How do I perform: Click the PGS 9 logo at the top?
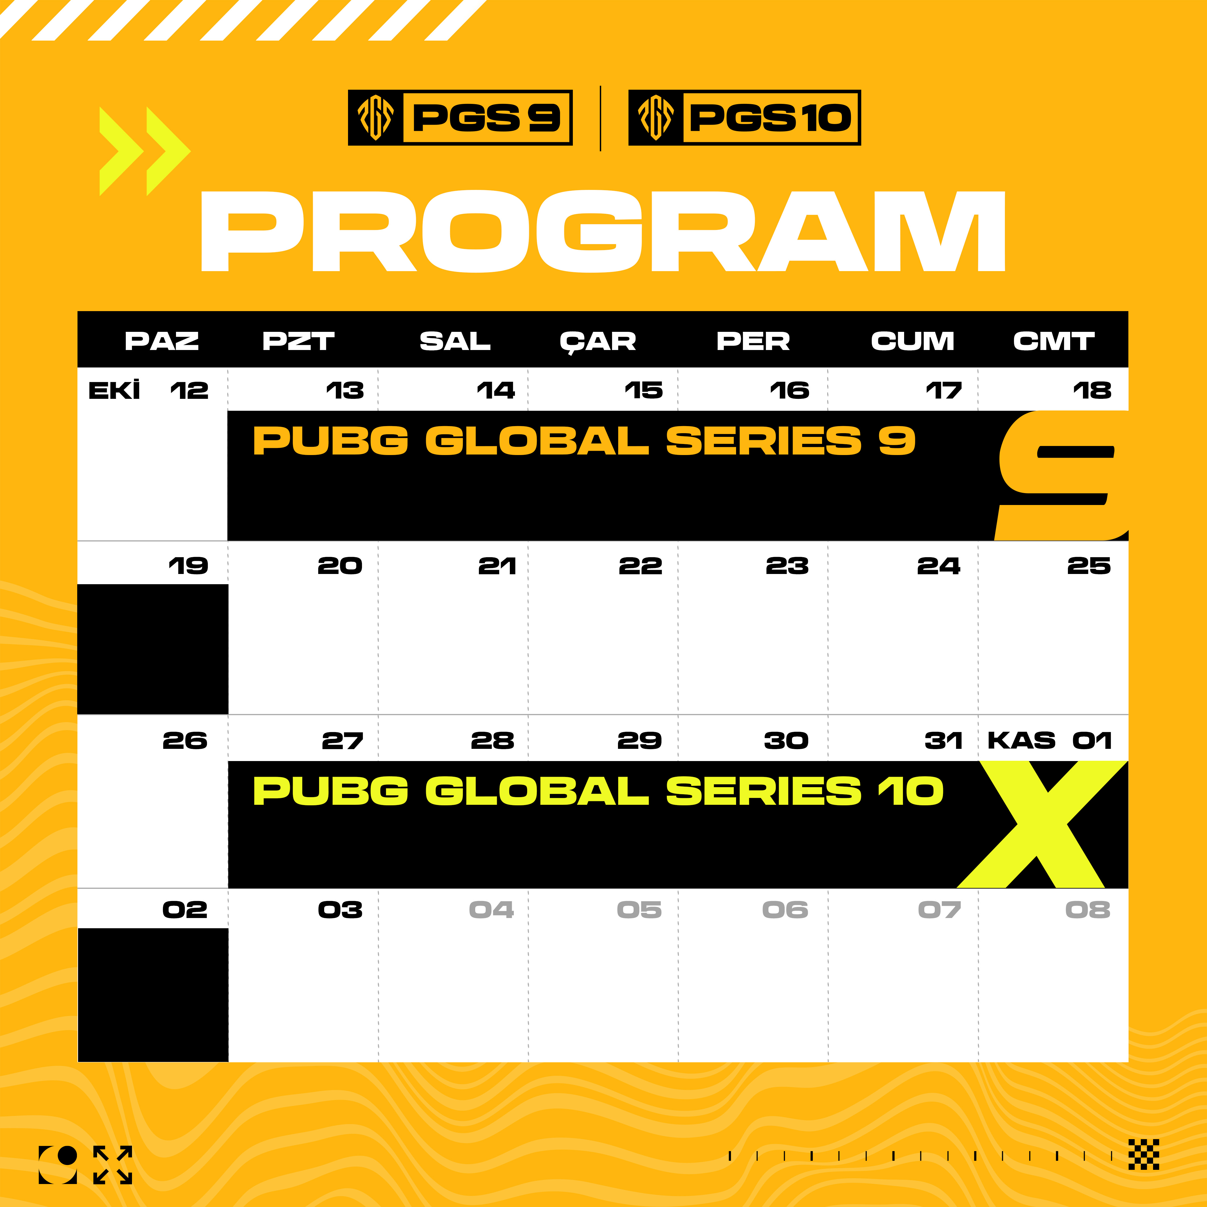point(460,118)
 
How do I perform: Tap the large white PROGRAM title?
point(603,231)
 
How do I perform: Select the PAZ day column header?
point(162,341)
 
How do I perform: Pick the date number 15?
point(644,391)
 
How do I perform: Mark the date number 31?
point(943,741)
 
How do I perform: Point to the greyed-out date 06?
point(785,910)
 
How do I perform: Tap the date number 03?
point(340,910)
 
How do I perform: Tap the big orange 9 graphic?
point(1062,475)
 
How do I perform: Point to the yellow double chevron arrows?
point(145,151)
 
